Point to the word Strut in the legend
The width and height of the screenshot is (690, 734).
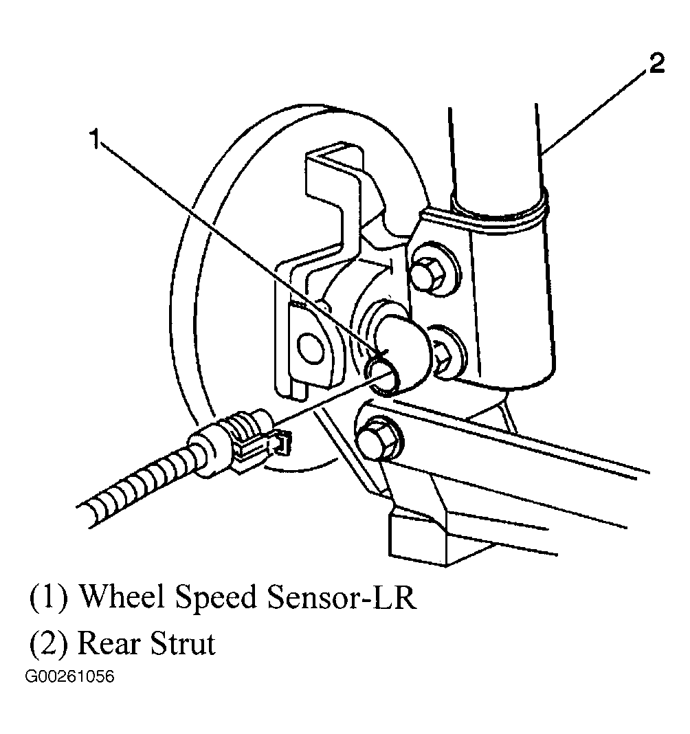181,644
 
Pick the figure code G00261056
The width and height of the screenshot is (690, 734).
69,677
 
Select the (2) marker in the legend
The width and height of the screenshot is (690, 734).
47,644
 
